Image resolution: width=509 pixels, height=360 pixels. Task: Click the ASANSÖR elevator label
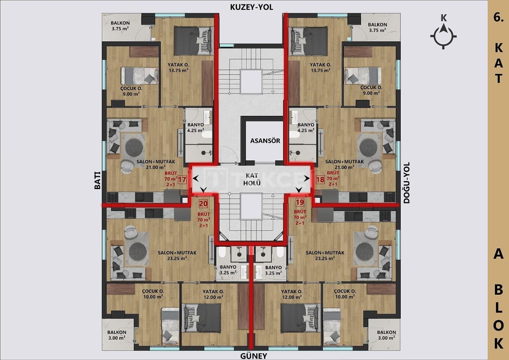(x=265, y=141)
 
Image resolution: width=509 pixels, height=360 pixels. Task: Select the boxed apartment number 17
(x=182, y=179)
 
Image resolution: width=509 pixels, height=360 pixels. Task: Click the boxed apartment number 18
(x=320, y=179)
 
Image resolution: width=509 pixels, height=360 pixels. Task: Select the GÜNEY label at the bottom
(x=253, y=356)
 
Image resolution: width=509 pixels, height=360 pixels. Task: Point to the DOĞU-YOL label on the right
(x=406, y=183)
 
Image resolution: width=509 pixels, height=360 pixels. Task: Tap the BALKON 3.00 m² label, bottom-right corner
(x=386, y=335)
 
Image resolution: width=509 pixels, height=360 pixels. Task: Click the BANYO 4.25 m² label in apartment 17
(x=196, y=127)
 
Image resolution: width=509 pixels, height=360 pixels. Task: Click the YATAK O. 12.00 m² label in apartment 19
(x=292, y=294)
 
